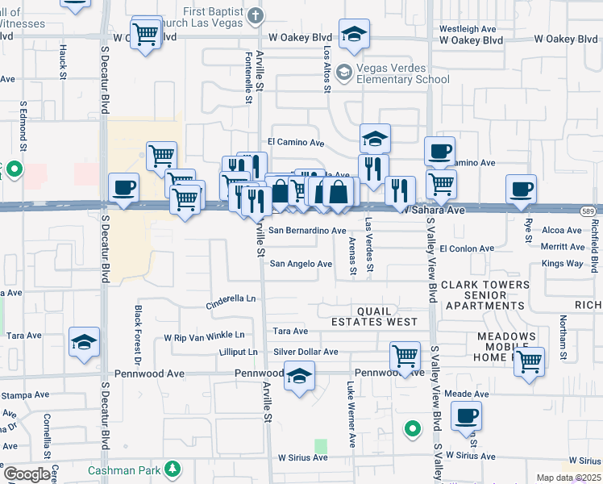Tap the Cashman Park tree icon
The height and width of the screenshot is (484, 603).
[x=171, y=469]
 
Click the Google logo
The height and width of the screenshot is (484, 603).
[x=27, y=474]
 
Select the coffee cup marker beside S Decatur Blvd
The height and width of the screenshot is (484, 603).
[x=124, y=189]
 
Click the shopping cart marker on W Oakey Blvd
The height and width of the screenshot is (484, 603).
[x=145, y=34]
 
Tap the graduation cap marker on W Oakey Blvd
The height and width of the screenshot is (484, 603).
[x=353, y=34]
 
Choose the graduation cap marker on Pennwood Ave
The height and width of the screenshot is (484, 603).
[x=299, y=376]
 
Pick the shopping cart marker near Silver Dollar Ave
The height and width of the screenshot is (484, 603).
[x=405, y=355]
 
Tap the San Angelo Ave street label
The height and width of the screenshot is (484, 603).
[x=301, y=264]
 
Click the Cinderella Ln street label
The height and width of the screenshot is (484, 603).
[x=231, y=298]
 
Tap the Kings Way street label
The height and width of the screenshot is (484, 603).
[x=563, y=264]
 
